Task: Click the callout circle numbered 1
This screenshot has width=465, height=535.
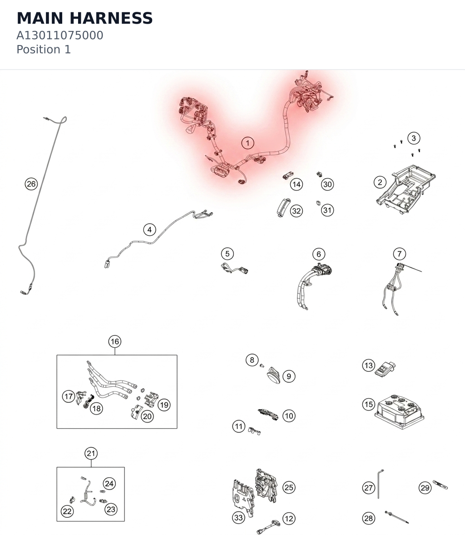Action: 248,143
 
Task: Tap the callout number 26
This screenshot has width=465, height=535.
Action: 31,184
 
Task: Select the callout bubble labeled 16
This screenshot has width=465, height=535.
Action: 115,341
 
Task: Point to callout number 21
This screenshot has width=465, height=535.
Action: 91,453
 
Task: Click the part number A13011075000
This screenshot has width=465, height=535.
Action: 59,35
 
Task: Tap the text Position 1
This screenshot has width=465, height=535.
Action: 44,50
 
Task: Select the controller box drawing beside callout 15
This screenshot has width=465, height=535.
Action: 400,411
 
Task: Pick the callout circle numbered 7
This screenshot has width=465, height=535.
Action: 400,254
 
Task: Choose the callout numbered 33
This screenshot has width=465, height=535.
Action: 239,518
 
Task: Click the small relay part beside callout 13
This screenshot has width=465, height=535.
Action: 385,369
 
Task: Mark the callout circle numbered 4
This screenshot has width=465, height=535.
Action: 150,230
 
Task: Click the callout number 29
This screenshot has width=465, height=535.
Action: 425,488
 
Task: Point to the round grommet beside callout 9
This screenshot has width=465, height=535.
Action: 273,375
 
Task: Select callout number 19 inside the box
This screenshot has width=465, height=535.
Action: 164,405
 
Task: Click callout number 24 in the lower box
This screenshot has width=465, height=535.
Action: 109,484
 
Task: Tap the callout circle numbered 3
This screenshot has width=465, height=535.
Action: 414,138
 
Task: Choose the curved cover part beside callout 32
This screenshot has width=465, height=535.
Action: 283,207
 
